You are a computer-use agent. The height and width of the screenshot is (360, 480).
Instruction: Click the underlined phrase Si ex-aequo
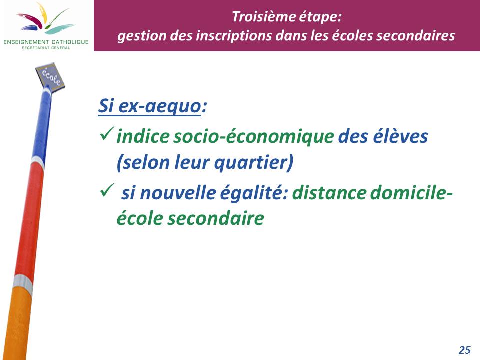[x=150, y=106]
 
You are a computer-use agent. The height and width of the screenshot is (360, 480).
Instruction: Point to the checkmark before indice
[x=107, y=134]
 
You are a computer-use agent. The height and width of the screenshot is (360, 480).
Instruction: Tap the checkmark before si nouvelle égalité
[x=107, y=190]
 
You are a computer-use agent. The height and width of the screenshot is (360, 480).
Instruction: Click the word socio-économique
[x=254, y=137]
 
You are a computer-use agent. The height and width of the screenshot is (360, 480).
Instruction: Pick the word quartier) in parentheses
[x=254, y=162]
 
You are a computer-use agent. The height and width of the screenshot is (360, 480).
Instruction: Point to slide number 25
[x=465, y=350]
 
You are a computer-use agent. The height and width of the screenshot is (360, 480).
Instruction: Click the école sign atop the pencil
[x=50, y=76]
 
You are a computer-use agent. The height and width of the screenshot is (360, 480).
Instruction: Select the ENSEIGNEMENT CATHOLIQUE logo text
[x=46, y=42]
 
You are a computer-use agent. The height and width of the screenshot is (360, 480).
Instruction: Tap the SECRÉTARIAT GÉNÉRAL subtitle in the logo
[x=46, y=48]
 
